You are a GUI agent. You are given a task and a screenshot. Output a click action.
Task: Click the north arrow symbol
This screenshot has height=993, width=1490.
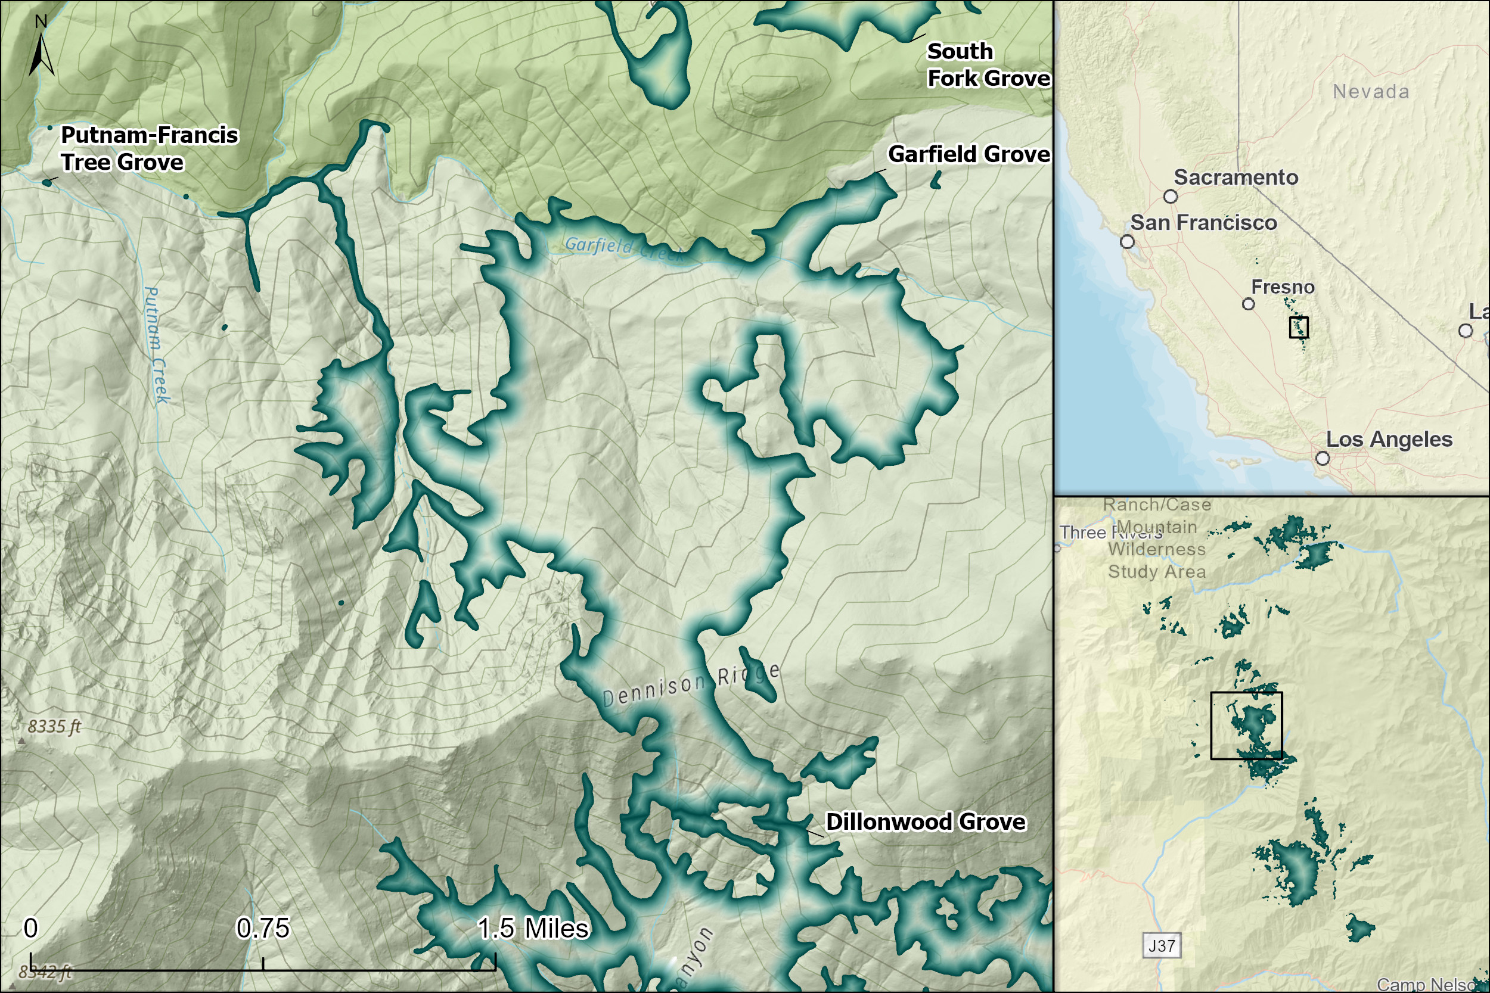[x=41, y=54]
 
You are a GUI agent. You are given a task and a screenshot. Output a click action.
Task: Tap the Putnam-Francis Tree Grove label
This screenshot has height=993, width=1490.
[x=149, y=149]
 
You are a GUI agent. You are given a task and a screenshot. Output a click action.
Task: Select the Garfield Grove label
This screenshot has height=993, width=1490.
[x=968, y=154]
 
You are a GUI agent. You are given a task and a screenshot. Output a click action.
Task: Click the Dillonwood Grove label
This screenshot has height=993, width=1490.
[x=926, y=821]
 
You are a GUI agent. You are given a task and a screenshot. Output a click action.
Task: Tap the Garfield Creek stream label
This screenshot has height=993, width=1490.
[x=624, y=249]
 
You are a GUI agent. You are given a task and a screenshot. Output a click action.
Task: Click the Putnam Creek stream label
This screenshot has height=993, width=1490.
[x=157, y=345]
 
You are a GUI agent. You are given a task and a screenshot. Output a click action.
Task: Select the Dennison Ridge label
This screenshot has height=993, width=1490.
[x=691, y=685]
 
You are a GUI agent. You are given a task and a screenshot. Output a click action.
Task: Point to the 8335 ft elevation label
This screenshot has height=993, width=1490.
[x=54, y=726]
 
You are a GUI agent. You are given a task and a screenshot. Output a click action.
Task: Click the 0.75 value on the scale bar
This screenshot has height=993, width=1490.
[x=262, y=929]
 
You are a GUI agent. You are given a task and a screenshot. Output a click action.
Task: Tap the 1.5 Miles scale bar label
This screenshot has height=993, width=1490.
[x=533, y=929]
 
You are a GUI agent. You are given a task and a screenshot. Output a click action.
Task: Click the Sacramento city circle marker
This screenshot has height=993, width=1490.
[x=1171, y=197]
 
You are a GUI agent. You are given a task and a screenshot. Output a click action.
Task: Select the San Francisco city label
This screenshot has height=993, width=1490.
[x=1204, y=223]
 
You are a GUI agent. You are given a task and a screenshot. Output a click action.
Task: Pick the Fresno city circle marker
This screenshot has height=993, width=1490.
[x=1248, y=304]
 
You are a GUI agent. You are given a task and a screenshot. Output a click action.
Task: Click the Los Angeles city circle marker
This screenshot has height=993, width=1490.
[x=1323, y=458]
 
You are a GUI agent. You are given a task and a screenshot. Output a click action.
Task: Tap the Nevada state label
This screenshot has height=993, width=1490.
[x=1371, y=92]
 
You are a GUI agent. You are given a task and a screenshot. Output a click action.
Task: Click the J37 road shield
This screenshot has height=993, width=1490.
[x=1162, y=946]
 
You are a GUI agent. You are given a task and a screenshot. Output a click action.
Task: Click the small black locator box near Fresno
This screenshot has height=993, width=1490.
[x=1299, y=328]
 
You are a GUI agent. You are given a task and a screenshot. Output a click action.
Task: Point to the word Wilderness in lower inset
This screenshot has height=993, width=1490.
[x=1157, y=549]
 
